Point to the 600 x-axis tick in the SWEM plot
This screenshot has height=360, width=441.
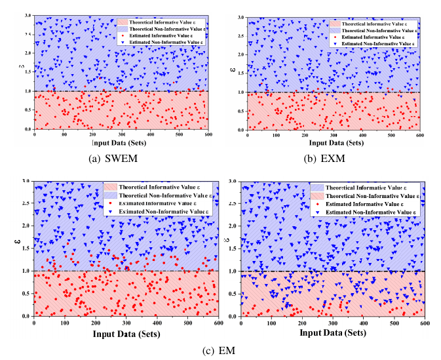208,134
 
